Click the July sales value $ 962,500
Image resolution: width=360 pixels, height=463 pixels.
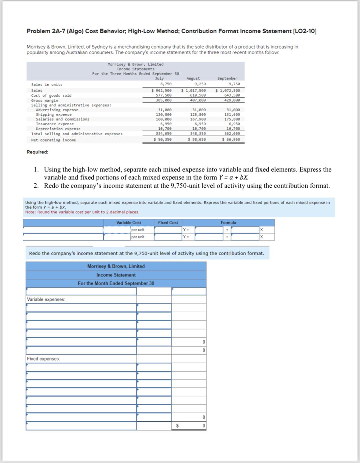162,90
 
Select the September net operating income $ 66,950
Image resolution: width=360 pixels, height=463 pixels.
231,139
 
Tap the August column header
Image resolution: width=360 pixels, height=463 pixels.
193,79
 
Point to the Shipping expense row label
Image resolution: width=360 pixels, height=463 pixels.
53,115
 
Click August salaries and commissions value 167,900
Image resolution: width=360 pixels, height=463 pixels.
198,119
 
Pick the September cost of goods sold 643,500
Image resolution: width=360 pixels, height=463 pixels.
232,95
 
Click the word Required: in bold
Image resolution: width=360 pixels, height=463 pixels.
37,152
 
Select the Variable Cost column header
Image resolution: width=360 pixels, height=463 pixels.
129,223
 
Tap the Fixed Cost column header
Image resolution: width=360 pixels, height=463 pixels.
168,223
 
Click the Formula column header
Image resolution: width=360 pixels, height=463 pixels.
228,223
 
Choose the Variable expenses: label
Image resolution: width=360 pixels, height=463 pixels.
46,299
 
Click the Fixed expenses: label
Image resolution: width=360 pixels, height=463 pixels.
43,359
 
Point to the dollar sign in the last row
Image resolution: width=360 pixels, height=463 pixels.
177,426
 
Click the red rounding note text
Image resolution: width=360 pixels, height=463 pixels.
82,212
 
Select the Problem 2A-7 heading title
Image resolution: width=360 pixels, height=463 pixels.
171,31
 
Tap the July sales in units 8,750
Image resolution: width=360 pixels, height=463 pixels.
166,84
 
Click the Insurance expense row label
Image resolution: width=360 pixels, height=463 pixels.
55,124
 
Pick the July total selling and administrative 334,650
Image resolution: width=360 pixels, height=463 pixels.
164,134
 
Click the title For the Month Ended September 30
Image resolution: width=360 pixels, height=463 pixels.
116,283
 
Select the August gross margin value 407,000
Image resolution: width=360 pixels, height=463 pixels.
198,100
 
